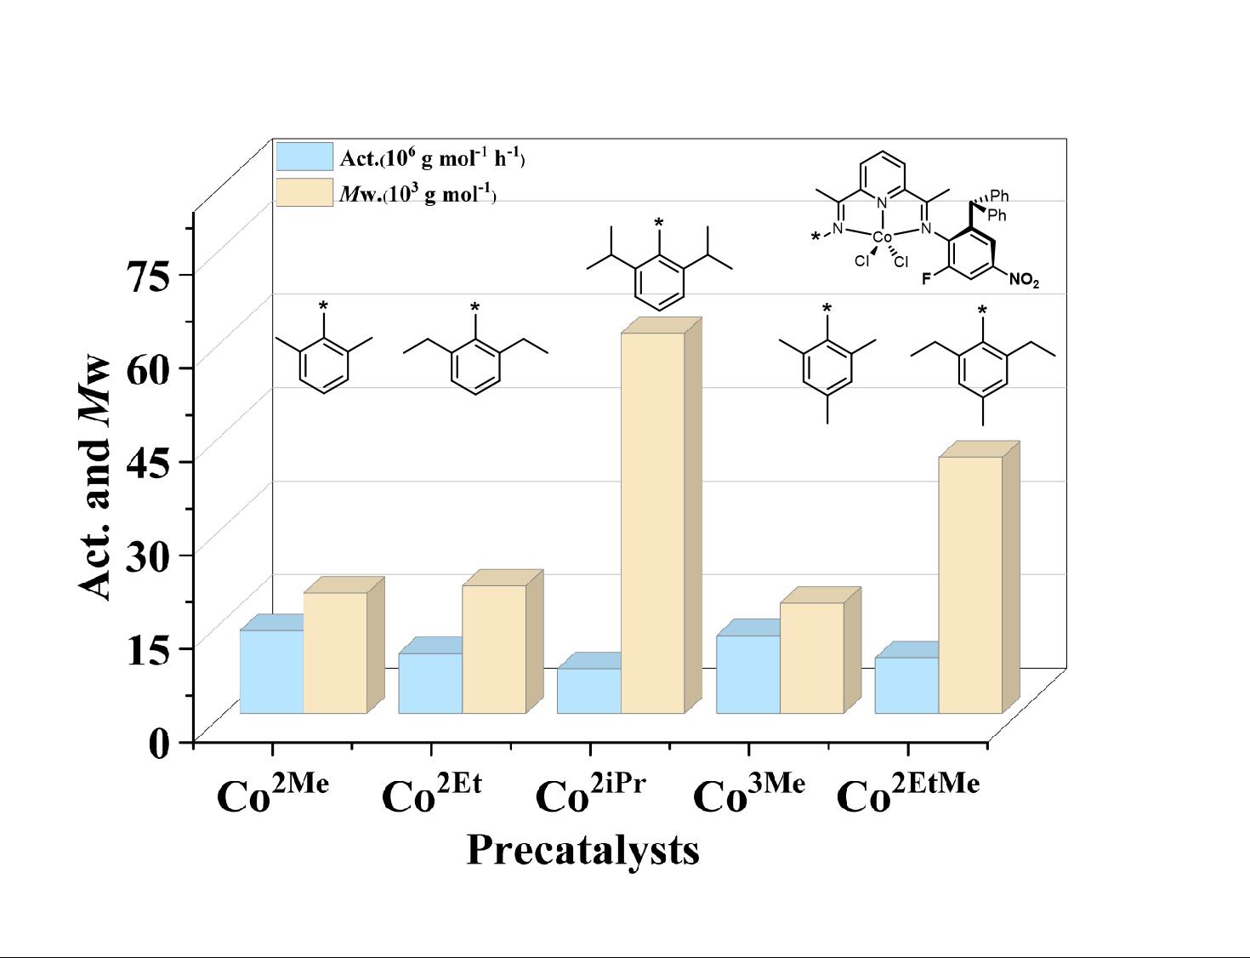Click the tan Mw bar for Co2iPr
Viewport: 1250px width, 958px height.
[652, 522]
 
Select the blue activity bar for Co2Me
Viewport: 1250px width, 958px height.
[271, 671]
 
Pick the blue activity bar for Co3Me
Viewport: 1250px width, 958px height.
[748, 674]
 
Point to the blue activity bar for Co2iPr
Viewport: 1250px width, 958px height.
[588, 690]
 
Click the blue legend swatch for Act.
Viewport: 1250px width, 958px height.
[304, 157]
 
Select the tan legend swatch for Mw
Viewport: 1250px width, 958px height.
[304, 192]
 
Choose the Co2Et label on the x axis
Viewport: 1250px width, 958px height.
[432, 793]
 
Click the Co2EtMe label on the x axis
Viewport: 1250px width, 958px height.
[908, 793]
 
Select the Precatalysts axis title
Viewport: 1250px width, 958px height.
[582, 849]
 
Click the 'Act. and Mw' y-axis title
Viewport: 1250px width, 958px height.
[96, 476]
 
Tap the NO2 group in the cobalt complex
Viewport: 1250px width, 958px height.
[1023, 279]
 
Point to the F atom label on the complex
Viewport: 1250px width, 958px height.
[928, 277]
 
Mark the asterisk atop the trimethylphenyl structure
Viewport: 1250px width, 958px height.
[827, 308]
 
